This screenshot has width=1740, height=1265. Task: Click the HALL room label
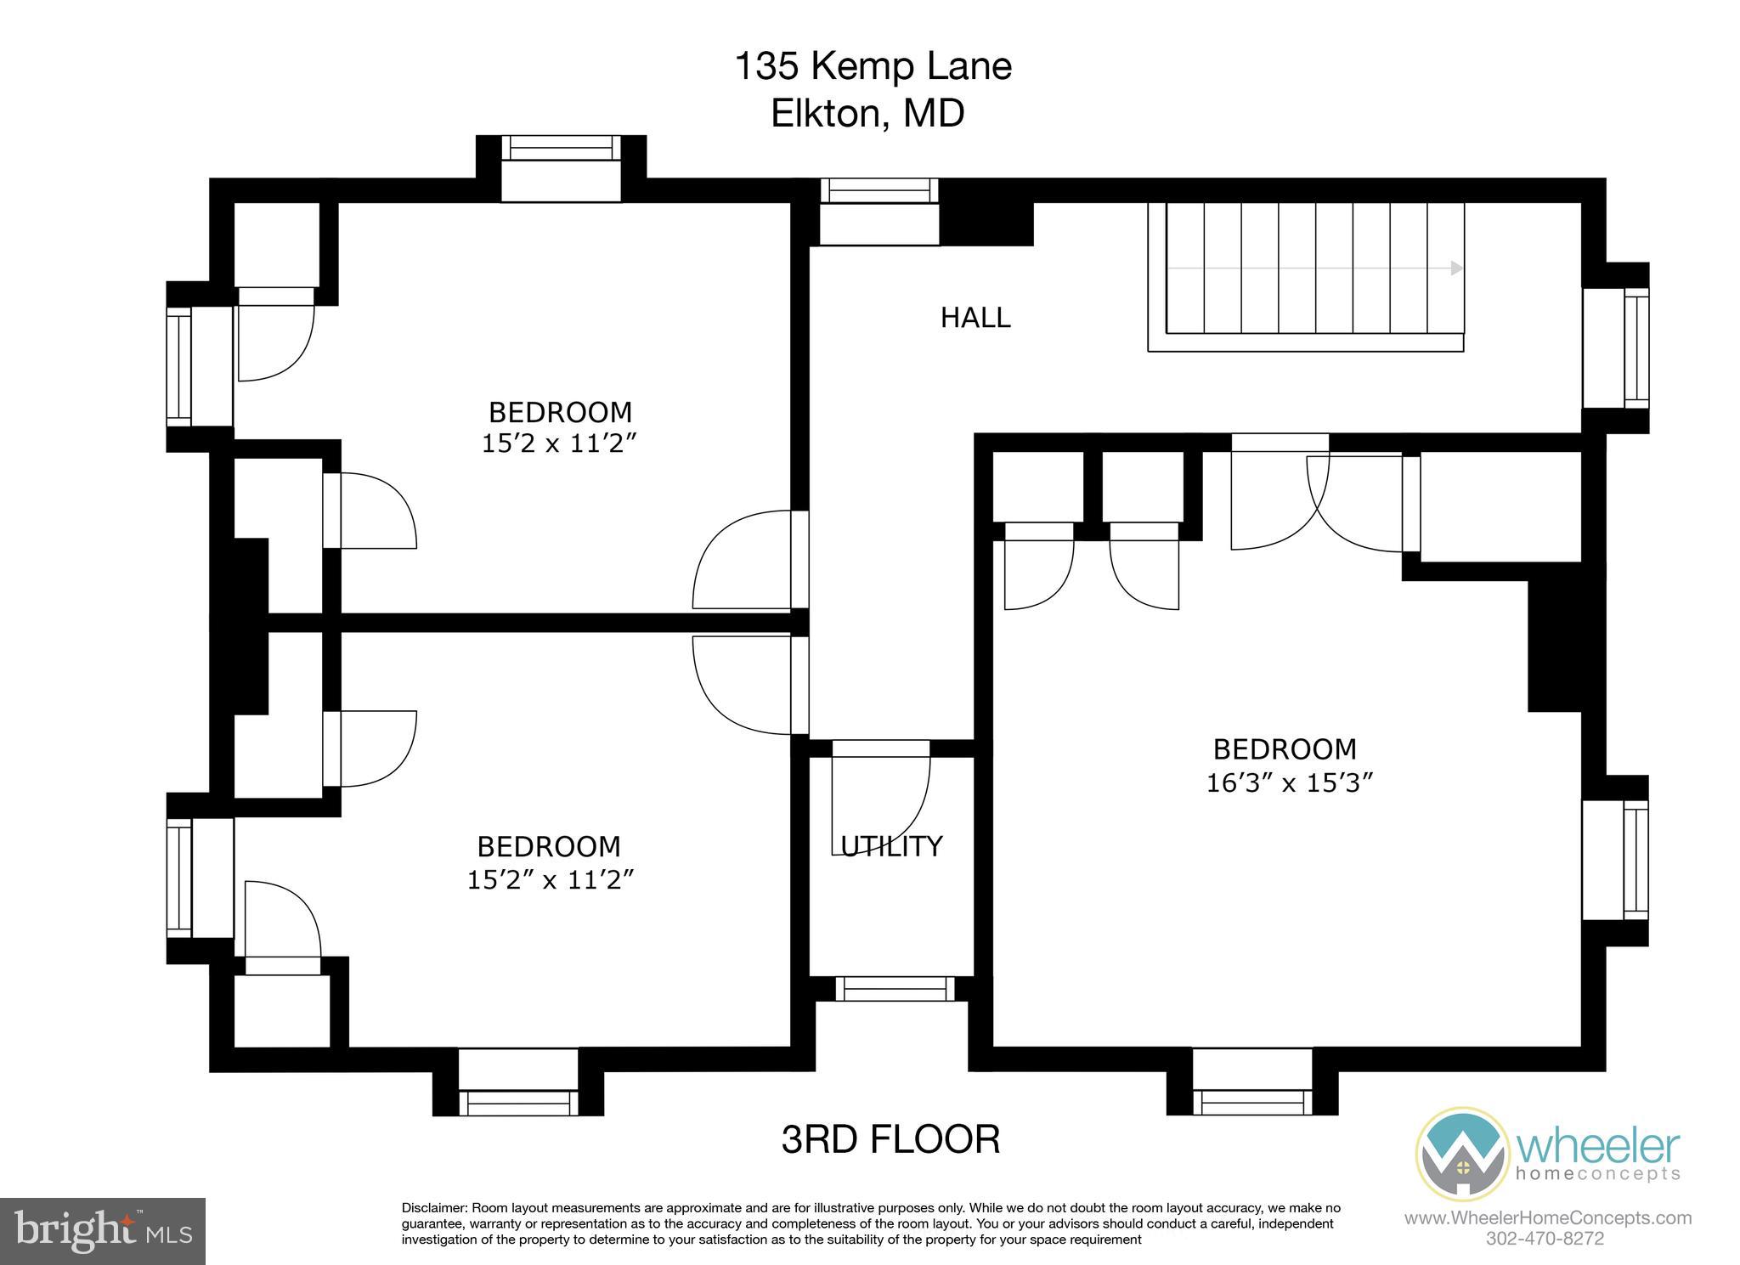pos(975,318)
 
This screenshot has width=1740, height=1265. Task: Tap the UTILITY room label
pos(891,846)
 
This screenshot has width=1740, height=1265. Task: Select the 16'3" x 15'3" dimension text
pos(1290,782)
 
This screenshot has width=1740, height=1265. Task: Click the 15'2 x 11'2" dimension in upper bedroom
pos(559,443)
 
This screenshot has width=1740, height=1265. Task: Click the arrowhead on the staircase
pos(1456,268)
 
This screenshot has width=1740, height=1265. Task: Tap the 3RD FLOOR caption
pos(890,1139)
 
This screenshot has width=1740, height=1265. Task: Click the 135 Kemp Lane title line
pos(873,66)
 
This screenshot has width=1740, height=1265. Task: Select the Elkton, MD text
pos(867,113)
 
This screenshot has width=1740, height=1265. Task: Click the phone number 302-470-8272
pos(1545,1239)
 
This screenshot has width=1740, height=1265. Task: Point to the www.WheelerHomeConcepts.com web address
pos(1547,1218)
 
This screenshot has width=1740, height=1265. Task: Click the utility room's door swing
pos(884,794)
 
